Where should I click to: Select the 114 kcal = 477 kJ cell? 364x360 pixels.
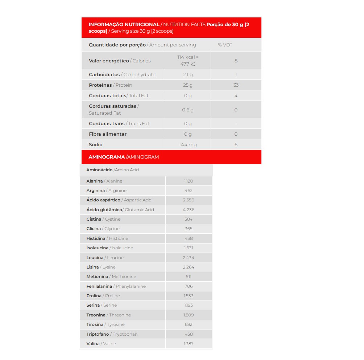point(188,61)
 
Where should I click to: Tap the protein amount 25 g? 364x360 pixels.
point(188,85)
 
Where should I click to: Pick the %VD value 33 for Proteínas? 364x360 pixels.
point(236,85)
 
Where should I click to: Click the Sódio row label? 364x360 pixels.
point(96,144)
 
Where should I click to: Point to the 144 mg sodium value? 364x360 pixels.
point(188,144)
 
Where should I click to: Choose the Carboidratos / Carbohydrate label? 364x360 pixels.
point(122,74)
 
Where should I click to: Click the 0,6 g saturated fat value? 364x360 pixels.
point(188,110)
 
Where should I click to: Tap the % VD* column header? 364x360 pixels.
point(225,45)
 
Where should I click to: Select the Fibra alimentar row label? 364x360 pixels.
point(108,134)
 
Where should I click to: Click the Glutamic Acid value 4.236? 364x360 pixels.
point(189,209)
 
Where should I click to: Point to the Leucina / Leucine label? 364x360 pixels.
point(105,258)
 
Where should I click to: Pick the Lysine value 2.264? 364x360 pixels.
point(189,267)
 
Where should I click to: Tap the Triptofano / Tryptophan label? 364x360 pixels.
point(112,334)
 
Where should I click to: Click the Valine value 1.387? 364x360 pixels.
point(189,344)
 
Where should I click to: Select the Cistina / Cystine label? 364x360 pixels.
point(103,219)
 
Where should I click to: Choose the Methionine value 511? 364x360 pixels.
point(189,277)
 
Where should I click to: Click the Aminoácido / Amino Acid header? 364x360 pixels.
point(112,170)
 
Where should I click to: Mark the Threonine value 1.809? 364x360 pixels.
point(189,315)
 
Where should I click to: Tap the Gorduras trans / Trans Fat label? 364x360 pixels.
point(119,123)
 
